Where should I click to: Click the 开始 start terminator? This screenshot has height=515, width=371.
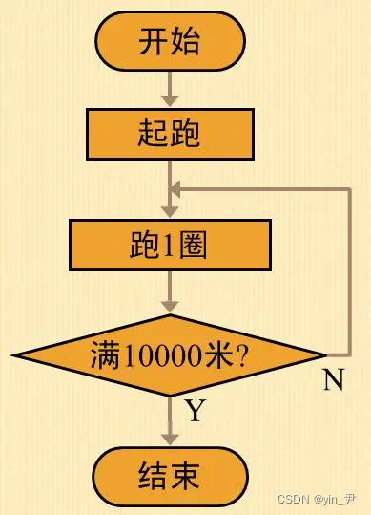171,42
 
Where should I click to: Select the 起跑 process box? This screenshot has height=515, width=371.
171,133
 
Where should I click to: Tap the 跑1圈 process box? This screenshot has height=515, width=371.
171,245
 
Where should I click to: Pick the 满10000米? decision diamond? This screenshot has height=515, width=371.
171,355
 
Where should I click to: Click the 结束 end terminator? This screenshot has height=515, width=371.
171,475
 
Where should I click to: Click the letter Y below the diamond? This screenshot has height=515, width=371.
195,411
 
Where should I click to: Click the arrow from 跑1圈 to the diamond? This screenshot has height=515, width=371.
171,291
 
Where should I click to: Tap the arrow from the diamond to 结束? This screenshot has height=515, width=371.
171,420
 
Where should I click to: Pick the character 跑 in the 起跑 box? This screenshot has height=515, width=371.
187,133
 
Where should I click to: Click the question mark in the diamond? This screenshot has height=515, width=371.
242,356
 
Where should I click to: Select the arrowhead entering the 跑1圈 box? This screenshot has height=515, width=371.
171,211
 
